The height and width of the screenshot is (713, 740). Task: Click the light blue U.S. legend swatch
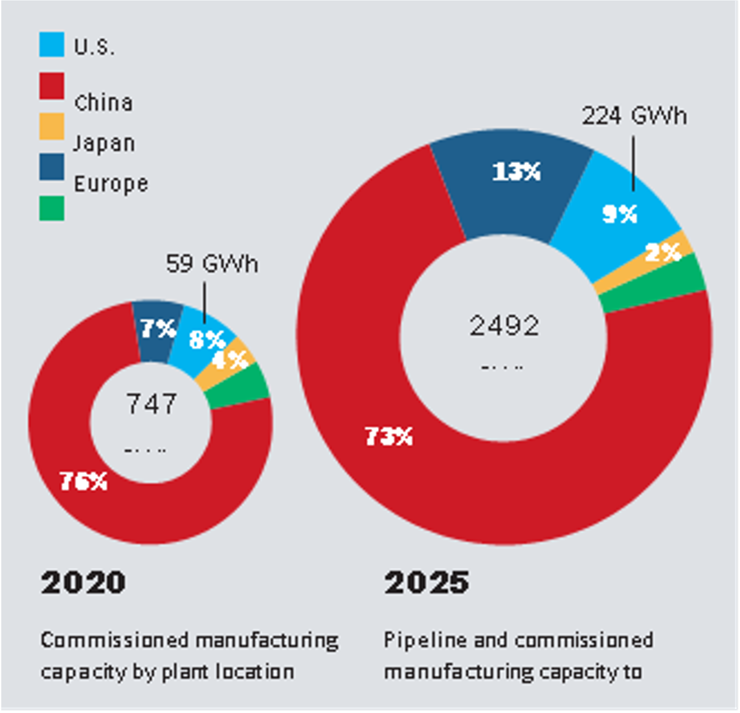(52, 44)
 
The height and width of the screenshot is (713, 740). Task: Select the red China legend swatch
(52, 86)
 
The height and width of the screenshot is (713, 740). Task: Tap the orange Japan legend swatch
(52, 126)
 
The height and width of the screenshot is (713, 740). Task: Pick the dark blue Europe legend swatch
(52, 167)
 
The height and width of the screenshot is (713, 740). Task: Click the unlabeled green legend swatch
(52, 208)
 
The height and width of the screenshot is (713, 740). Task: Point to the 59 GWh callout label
(212, 264)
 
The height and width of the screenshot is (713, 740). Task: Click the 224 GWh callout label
(634, 116)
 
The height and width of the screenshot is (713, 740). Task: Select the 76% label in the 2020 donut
(84, 481)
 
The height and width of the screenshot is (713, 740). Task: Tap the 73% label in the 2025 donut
(388, 437)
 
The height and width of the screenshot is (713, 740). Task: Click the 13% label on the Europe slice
(516, 171)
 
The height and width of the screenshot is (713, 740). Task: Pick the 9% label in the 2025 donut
(620, 214)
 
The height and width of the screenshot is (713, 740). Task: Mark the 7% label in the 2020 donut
(158, 329)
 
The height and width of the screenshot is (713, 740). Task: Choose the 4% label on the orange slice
(230, 359)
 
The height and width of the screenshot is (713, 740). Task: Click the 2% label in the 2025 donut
(663, 252)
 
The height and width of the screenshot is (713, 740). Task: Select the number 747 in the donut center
(151, 404)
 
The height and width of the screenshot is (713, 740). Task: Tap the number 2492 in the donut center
(504, 325)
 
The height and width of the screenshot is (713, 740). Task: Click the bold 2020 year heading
(83, 582)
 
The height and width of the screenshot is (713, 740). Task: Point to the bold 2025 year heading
(426, 582)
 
